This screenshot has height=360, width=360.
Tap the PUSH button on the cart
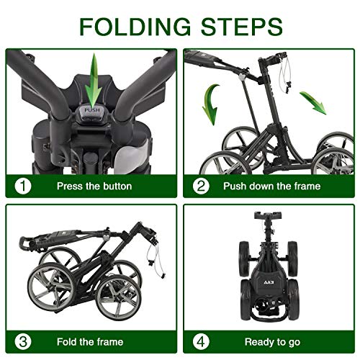coord(91,110)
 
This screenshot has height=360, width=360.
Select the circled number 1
coord(24,186)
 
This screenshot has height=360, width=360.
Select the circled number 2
coord(202,186)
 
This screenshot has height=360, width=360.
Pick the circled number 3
coord(24,340)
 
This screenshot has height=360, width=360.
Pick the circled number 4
coord(202,340)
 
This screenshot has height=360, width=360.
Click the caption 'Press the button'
coord(94,186)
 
